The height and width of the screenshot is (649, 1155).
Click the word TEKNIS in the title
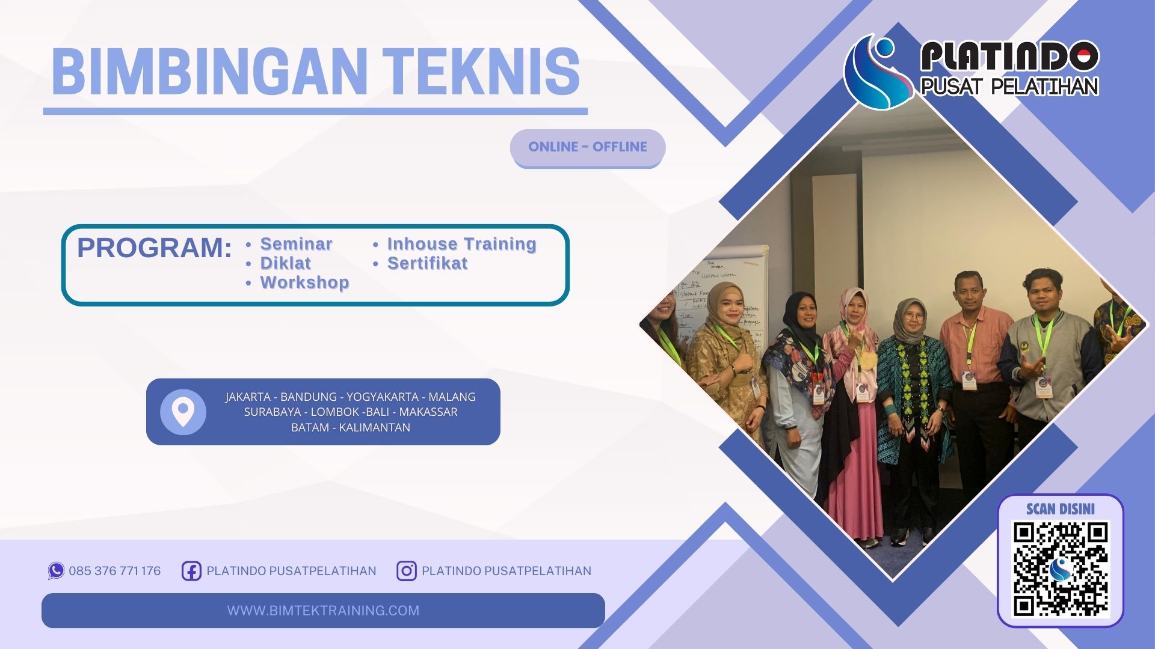pyautogui.click(x=481, y=72)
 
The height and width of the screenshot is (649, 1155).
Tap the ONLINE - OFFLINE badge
pyautogui.click(x=588, y=147)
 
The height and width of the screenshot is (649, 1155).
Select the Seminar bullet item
pyautogui.click(x=296, y=244)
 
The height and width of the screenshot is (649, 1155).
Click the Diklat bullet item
pyautogui.click(x=285, y=263)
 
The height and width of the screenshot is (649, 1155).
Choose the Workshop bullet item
pyautogui.click(x=304, y=282)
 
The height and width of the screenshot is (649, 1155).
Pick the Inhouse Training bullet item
pyautogui.click(x=461, y=244)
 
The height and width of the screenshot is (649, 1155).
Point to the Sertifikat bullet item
pyautogui.click(x=427, y=263)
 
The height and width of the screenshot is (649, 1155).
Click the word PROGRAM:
pyautogui.click(x=154, y=248)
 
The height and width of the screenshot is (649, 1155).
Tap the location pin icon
pyautogui.click(x=183, y=412)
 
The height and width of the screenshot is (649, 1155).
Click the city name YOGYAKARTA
pyautogui.click(x=382, y=397)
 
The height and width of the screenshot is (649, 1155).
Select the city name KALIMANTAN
pyautogui.click(x=374, y=427)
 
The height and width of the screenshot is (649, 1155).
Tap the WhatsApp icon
pyautogui.click(x=56, y=570)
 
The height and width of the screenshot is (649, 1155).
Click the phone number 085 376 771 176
pyautogui.click(x=114, y=571)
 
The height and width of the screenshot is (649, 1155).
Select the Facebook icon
pyautogui.click(x=191, y=571)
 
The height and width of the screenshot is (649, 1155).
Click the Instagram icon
pyautogui.click(x=406, y=571)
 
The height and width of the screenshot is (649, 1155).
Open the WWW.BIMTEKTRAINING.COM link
pyautogui.click(x=323, y=611)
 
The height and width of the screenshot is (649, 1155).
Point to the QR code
pyautogui.click(x=1061, y=568)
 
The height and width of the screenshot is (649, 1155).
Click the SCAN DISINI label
pyautogui.click(x=1061, y=509)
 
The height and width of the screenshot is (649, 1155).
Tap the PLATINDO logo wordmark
pyautogui.click(x=1009, y=57)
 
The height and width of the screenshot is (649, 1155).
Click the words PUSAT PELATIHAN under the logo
pyautogui.click(x=1009, y=87)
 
